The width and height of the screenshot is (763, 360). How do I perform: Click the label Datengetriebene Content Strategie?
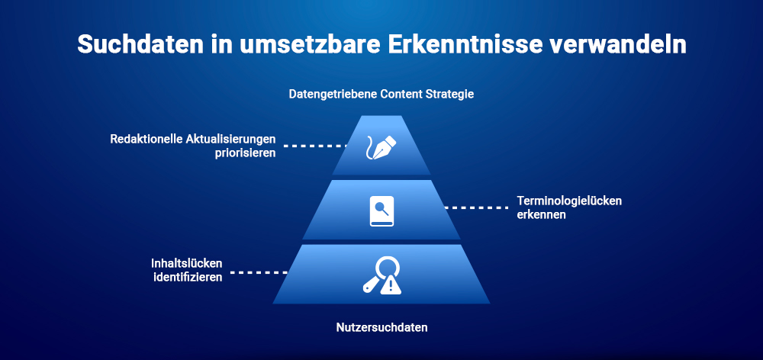point(381,95)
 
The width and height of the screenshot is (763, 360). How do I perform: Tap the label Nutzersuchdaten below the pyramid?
point(381,328)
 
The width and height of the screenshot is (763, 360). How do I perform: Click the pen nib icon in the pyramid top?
point(381,146)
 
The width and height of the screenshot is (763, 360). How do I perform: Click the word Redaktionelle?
point(146,139)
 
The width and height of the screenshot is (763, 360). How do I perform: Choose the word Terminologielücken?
point(569,201)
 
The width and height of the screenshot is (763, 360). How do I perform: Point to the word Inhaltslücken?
point(186,264)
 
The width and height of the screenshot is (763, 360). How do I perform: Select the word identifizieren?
point(187,277)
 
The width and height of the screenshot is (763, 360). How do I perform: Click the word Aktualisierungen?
point(231,139)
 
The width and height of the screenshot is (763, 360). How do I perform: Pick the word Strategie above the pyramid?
point(450,95)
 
